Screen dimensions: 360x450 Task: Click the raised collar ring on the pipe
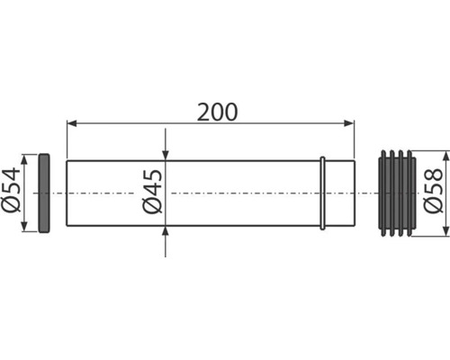pyautogui.click(x=323, y=193)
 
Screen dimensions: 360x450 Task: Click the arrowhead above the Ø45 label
pyautogui.click(x=165, y=155)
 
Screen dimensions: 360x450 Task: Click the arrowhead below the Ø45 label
pyautogui.click(x=165, y=230)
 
